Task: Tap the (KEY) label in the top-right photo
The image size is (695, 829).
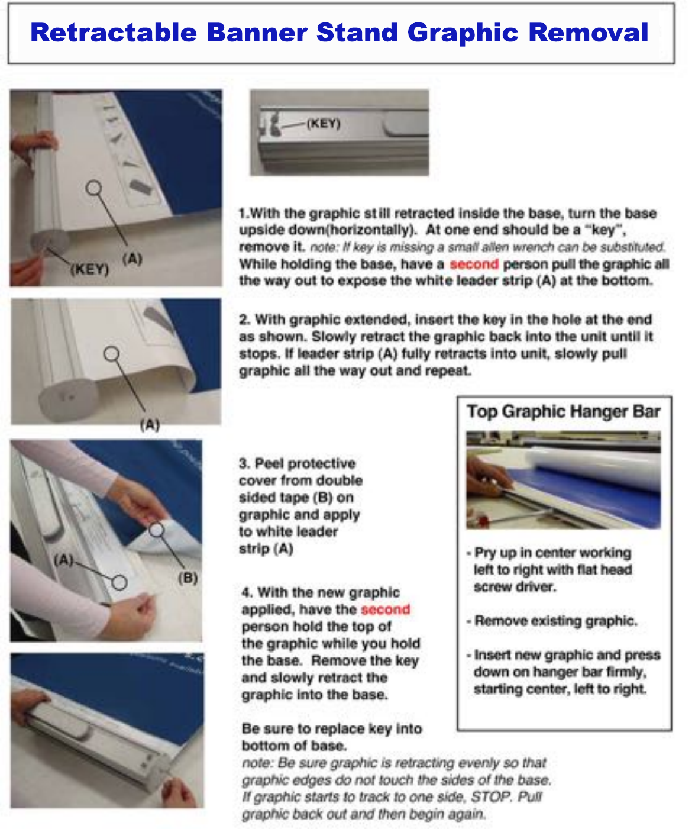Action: [x=324, y=124]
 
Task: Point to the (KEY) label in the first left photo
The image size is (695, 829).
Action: [x=90, y=270]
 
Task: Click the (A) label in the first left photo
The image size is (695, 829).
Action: [x=132, y=259]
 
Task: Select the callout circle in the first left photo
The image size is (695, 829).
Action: [x=93, y=188]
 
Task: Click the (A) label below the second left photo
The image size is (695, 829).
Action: [x=150, y=425]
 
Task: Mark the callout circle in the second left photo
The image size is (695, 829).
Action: [x=112, y=353]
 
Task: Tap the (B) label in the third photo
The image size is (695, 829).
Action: [x=188, y=578]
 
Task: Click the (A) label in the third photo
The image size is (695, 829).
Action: [x=63, y=560]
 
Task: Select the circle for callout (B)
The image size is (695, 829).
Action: [x=156, y=530]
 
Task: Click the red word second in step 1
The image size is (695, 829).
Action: [x=474, y=264]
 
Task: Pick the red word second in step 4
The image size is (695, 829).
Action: [x=385, y=609]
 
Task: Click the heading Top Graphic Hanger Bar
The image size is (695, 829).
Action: [x=564, y=412]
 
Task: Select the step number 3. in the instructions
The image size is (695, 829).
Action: [x=244, y=463]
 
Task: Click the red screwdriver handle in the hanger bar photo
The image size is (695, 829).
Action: [x=481, y=520]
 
